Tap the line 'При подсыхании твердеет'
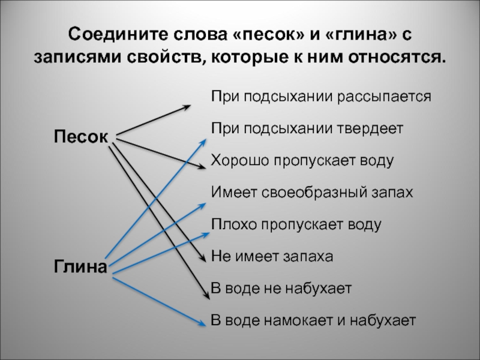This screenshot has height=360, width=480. click(x=307, y=128)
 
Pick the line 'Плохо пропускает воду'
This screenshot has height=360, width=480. click(x=296, y=225)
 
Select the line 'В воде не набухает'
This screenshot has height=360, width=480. click(x=281, y=289)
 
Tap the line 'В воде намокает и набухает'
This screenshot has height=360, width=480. click(x=313, y=320)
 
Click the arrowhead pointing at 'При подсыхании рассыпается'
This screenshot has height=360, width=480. click(x=187, y=107)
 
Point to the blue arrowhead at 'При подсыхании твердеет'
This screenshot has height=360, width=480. click(x=206, y=142)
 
